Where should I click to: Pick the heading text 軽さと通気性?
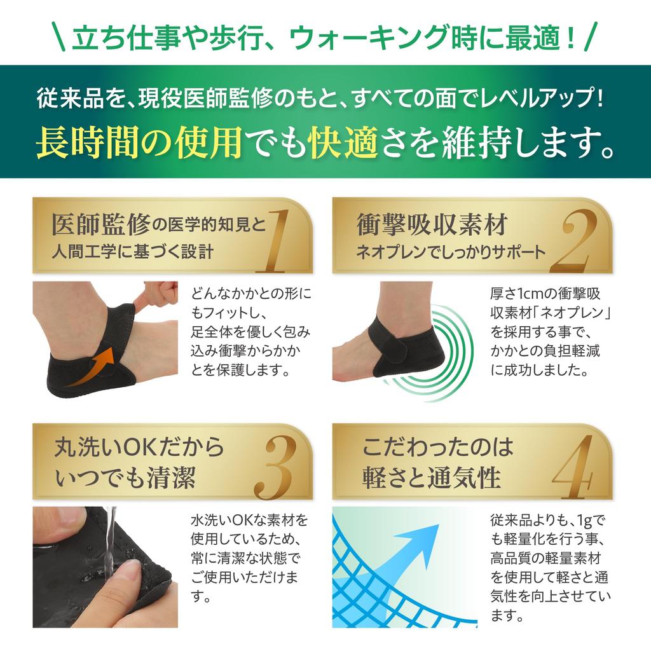(432, 477)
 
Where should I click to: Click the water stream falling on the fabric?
(109, 540)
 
